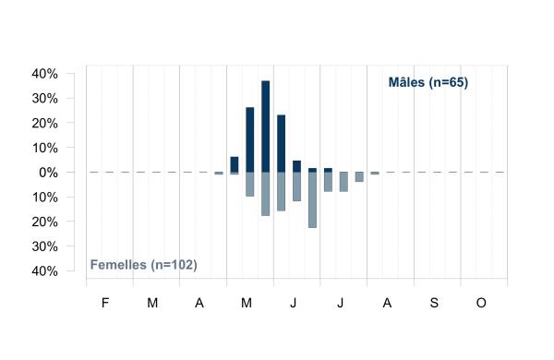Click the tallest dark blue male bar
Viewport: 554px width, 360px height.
coord(265,126)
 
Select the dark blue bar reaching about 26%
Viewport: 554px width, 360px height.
coord(250,140)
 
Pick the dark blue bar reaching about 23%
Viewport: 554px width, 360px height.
coord(282,144)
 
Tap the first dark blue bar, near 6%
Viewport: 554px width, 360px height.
coord(235,164)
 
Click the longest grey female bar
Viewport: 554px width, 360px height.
coord(312,200)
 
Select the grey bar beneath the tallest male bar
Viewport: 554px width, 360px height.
coord(265,194)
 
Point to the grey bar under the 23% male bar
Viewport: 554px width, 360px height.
coord(282,191)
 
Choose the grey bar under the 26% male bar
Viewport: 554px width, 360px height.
coord(250,185)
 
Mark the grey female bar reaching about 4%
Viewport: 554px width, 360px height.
coord(359,177)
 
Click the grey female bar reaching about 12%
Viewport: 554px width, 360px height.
coord(296,186)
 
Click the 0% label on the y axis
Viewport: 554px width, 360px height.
coord(48,173)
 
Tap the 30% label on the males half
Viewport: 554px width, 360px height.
coord(45,99)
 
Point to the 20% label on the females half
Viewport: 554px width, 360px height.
coord(45,222)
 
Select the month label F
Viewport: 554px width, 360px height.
coord(105,303)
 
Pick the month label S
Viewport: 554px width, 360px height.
coord(434,303)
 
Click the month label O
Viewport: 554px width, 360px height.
coord(481,303)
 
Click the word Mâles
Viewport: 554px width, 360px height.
coord(406,82)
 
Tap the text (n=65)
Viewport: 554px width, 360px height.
coord(449,83)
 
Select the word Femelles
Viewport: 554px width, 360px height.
coord(118,265)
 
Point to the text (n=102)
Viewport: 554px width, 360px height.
coord(174,265)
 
